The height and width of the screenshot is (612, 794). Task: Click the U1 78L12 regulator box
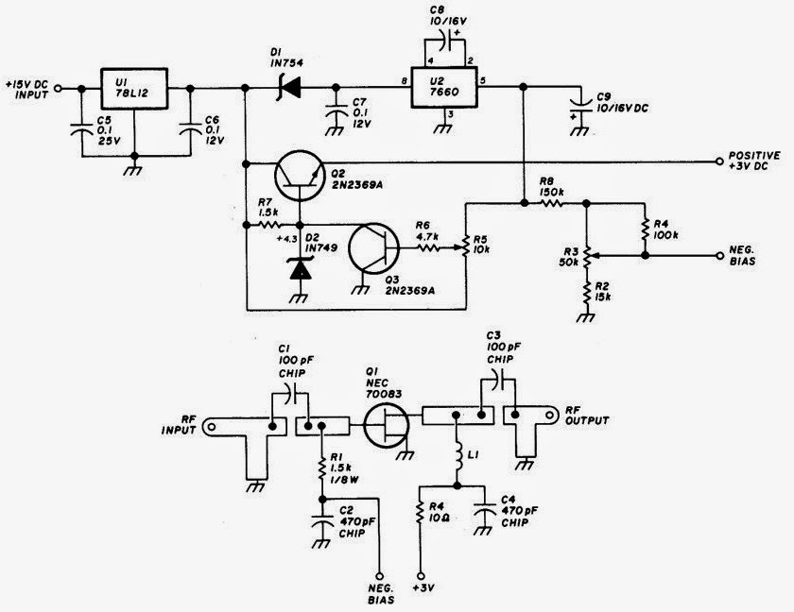[x=134, y=89]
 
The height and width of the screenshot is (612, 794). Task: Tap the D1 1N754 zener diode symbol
[x=289, y=88]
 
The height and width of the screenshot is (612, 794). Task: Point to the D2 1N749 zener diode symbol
[x=300, y=268]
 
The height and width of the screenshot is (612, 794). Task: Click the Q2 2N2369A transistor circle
[x=300, y=176]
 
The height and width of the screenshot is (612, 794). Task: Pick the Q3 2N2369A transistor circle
[x=373, y=247]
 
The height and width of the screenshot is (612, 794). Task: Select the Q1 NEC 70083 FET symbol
[x=388, y=425]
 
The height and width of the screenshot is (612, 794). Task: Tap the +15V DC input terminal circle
[x=58, y=88]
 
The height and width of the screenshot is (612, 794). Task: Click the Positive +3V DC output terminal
[x=718, y=161]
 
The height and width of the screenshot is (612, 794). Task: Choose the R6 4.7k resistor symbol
[x=429, y=247]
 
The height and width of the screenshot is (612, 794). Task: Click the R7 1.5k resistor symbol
[x=268, y=224]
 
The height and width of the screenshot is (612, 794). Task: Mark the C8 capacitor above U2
[x=444, y=42]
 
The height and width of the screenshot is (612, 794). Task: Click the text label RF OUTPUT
[x=587, y=416]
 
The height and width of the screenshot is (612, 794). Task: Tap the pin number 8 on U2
[x=404, y=81]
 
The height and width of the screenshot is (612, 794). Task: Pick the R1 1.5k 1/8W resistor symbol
[x=321, y=469]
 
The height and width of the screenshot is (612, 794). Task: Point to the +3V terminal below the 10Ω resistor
[x=421, y=575]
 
